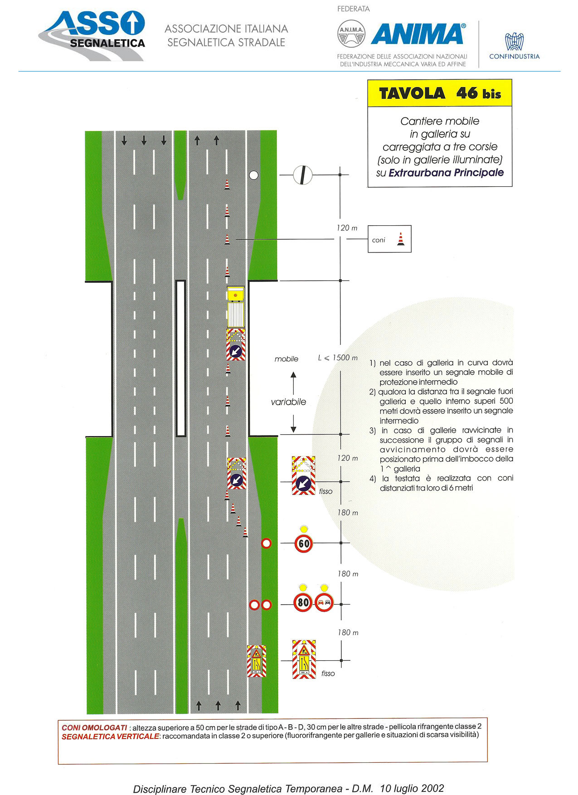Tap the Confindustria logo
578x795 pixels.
(515, 46)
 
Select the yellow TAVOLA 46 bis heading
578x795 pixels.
(440, 93)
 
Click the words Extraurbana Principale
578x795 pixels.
(446, 173)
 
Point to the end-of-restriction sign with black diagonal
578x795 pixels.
(302, 175)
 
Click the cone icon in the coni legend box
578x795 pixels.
(400, 239)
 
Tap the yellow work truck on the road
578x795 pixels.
(236, 307)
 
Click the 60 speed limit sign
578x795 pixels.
(304, 543)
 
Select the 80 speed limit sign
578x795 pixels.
(303, 602)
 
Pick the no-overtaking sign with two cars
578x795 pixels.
(324, 602)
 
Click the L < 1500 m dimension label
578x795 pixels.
(338, 358)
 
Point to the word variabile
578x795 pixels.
(288, 402)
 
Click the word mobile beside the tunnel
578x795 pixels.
(287, 359)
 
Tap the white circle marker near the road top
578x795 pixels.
(253, 175)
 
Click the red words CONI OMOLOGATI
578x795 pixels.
(94, 727)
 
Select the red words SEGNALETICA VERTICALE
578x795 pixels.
(110, 737)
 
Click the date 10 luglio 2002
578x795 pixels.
(412, 788)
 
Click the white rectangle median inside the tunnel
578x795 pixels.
(181, 358)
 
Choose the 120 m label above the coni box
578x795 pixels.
(347, 228)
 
